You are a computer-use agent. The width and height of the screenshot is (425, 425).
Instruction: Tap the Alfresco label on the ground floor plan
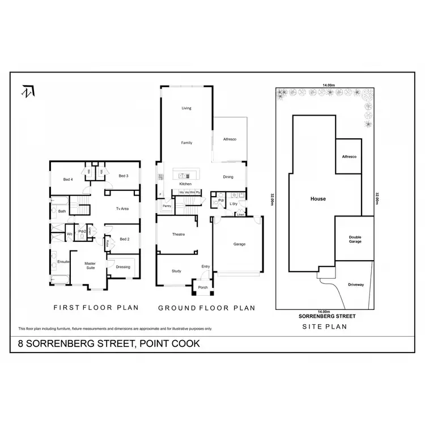coord(229,138)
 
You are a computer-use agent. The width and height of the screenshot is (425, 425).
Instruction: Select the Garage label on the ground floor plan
coord(239,244)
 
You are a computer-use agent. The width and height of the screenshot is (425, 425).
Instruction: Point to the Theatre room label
coord(180,235)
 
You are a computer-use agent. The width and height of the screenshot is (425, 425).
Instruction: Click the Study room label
coord(176,271)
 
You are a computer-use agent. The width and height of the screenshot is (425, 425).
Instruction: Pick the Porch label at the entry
coord(202,287)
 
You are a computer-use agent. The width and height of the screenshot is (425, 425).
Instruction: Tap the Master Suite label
coord(90,265)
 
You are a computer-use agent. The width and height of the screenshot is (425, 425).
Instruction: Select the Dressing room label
coord(123,267)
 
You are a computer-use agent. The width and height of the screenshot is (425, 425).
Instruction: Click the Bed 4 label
coord(68,180)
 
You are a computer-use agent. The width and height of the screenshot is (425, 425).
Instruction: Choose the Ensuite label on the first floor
coord(63,262)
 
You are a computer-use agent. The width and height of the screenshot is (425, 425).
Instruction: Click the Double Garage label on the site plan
coord(355,239)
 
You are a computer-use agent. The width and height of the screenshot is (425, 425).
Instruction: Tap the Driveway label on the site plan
coord(355,285)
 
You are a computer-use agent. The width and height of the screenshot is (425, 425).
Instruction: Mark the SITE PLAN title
coord(324,326)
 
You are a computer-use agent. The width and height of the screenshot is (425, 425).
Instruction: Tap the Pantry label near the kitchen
coord(167,206)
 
